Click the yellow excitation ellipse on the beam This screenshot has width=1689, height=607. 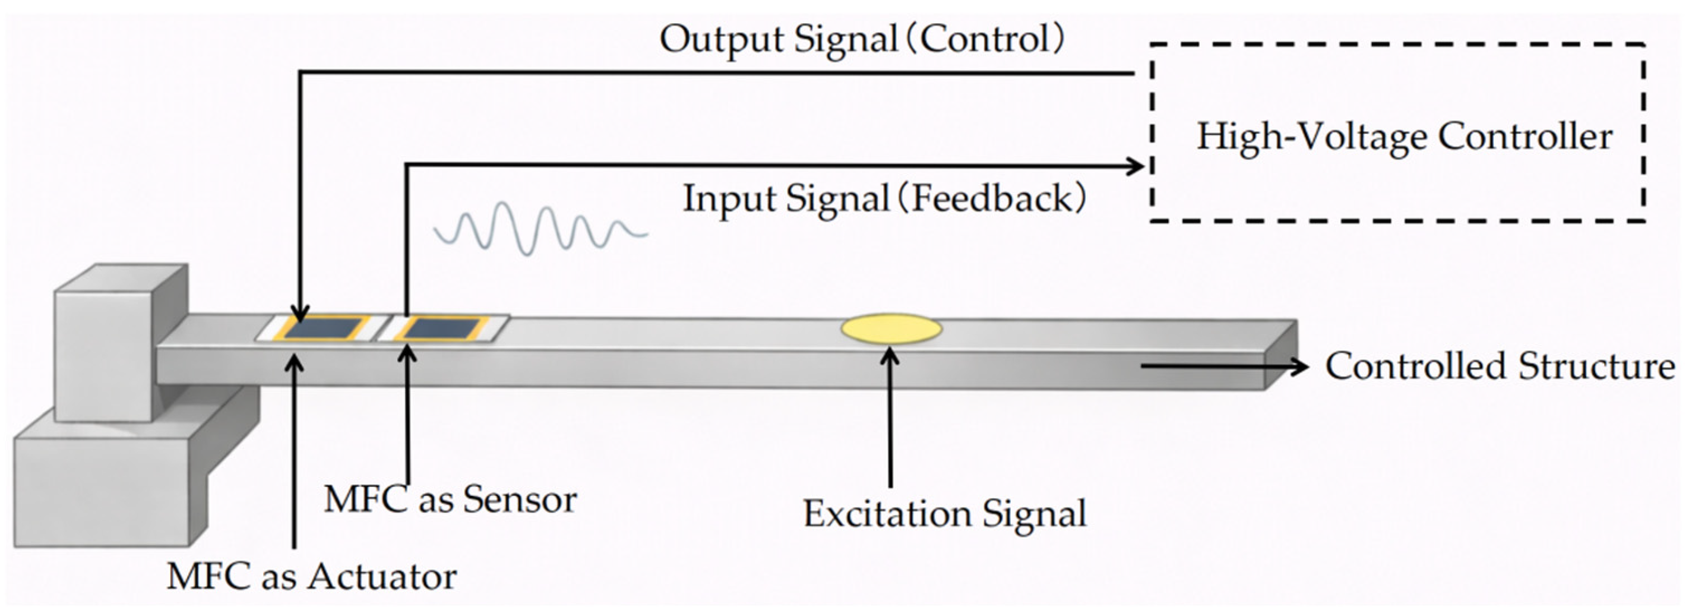click(x=891, y=329)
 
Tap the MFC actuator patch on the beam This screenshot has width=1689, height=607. click(x=327, y=328)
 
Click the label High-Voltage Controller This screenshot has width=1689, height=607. click(x=1405, y=137)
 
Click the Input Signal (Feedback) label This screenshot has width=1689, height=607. click(x=884, y=198)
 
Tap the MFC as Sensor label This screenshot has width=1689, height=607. click(x=450, y=499)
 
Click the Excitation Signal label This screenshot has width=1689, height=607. click(x=945, y=513)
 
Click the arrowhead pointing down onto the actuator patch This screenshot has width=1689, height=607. click(x=301, y=312)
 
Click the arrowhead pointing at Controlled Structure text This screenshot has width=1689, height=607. click(x=1298, y=366)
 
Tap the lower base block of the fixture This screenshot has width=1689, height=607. click(x=105, y=485)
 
